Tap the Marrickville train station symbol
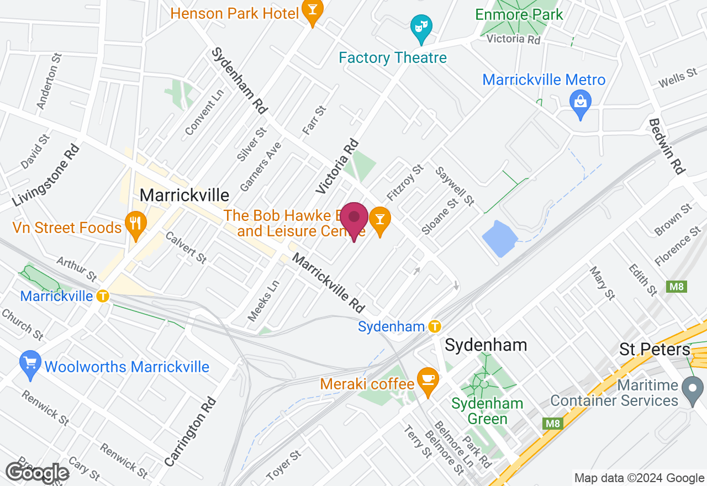click(102, 296)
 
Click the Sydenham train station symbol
click(435, 326)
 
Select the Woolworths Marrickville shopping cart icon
click(30, 364)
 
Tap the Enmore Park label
click(519, 14)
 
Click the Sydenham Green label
click(479, 411)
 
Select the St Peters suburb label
click(655, 349)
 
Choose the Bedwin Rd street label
click(666, 146)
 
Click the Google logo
click(37, 473)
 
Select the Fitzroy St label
click(405, 182)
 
